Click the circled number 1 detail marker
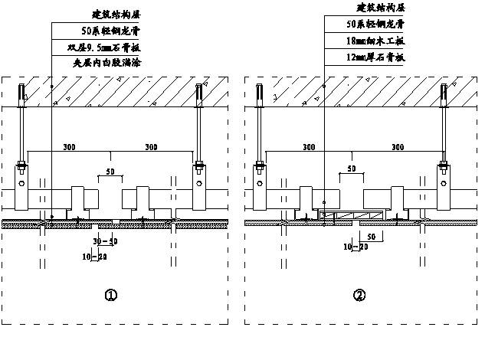112,296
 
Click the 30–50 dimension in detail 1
106,241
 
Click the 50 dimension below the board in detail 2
370,236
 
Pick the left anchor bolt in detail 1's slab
24,93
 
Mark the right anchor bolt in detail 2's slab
444,93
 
